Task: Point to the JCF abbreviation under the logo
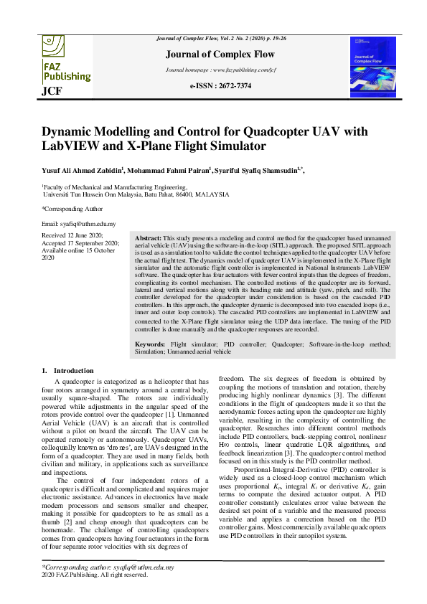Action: click(52, 92)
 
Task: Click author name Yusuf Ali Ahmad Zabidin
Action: click(83, 171)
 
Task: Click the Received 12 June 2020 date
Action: click(72, 235)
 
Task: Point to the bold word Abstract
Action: click(148, 237)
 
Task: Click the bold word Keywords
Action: click(151, 345)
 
